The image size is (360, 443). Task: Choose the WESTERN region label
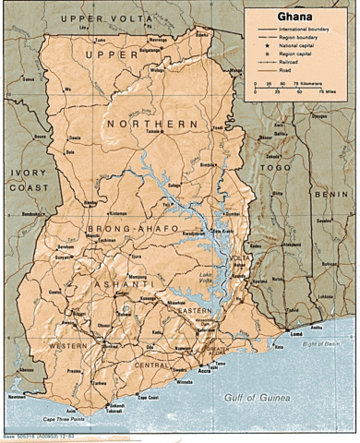[x=69, y=345]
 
